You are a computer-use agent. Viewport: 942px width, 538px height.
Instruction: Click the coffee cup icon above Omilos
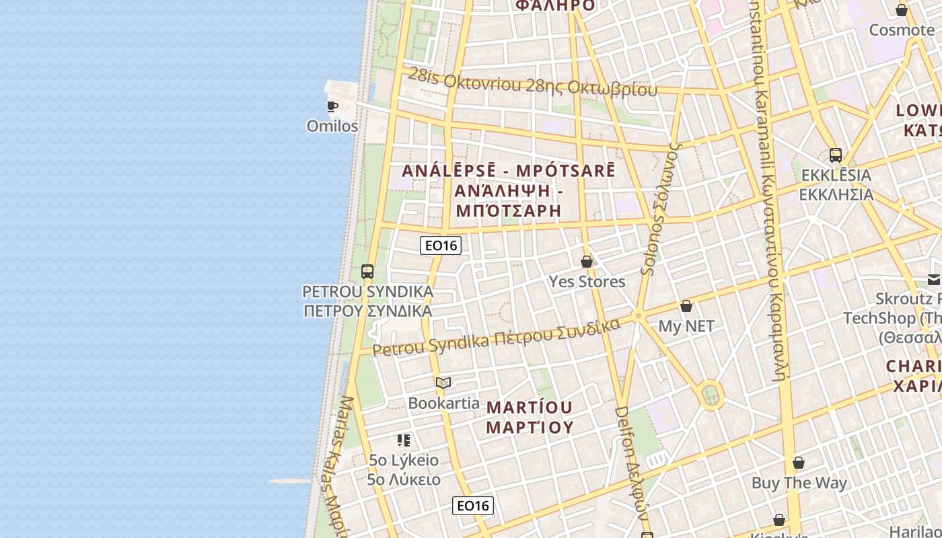click(x=332, y=106)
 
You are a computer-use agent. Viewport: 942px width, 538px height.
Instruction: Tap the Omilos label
click(x=332, y=126)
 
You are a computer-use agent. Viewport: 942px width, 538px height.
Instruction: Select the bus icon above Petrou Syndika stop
click(x=367, y=272)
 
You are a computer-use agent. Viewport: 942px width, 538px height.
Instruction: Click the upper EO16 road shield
click(x=441, y=245)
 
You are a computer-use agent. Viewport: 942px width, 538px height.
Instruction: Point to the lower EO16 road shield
click(x=473, y=506)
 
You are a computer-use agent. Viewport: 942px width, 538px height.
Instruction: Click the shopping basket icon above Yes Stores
click(x=587, y=262)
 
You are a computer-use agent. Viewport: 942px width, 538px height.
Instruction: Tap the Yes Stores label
click(x=587, y=281)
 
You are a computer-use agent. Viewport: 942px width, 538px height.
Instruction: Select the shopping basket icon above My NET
click(x=686, y=307)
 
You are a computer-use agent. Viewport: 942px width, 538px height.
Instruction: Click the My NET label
click(x=686, y=326)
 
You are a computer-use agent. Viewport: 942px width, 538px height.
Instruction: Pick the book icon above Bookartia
click(x=443, y=383)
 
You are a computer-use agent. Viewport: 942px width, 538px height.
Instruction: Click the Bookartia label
click(x=444, y=403)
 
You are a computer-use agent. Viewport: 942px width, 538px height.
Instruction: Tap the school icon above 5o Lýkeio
click(x=404, y=440)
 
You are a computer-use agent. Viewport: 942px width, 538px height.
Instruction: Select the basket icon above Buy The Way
click(x=799, y=463)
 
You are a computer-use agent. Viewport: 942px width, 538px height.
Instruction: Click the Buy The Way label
click(x=799, y=483)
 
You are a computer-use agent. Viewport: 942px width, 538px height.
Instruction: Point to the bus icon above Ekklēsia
click(x=836, y=155)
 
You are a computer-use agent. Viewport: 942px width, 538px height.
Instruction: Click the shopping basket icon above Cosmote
click(x=902, y=10)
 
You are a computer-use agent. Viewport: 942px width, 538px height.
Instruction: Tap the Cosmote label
click(x=902, y=30)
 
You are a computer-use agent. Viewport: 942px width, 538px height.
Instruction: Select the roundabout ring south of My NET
click(x=711, y=395)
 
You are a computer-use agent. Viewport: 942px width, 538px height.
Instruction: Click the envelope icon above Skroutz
click(x=933, y=280)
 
